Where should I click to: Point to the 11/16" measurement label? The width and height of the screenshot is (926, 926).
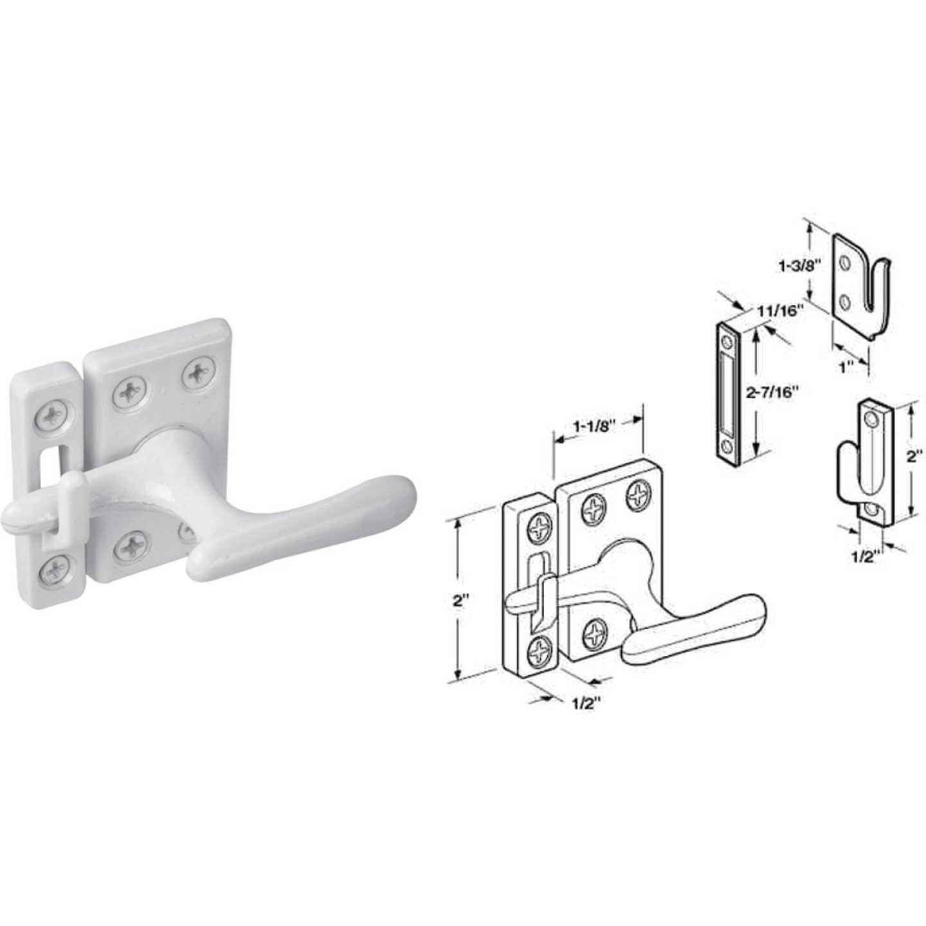point(781,311)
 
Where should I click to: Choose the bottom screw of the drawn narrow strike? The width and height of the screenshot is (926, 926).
point(538,653)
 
